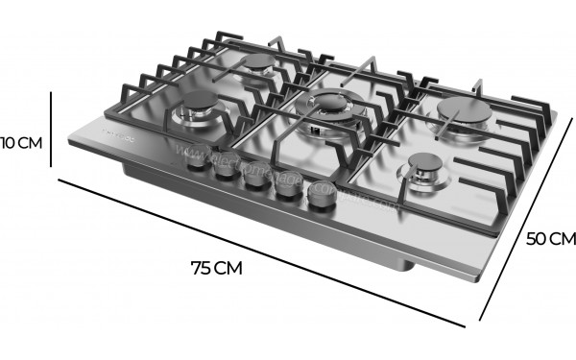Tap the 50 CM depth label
click(x=550, y=239)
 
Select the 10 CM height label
click(x=21, y=143)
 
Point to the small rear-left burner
click(x=259, y=65)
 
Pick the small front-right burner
click(x=419, y=171)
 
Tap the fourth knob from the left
click(x=286, y=190)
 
